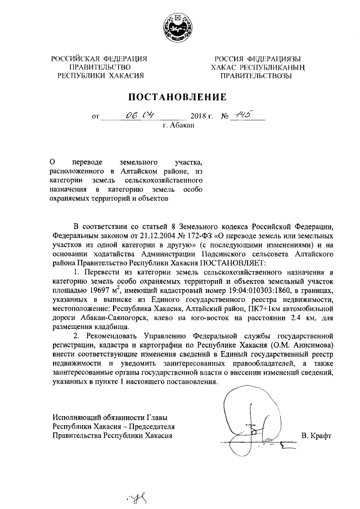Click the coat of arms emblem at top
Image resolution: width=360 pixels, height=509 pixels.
179,28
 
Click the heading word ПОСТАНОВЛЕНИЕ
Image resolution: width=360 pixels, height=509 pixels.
179,97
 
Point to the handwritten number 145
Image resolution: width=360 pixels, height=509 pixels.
244,115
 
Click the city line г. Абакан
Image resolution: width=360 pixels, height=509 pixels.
178,127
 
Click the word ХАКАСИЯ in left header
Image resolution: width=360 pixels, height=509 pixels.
125,75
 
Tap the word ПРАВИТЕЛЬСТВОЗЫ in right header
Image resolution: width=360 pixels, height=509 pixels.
255,75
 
